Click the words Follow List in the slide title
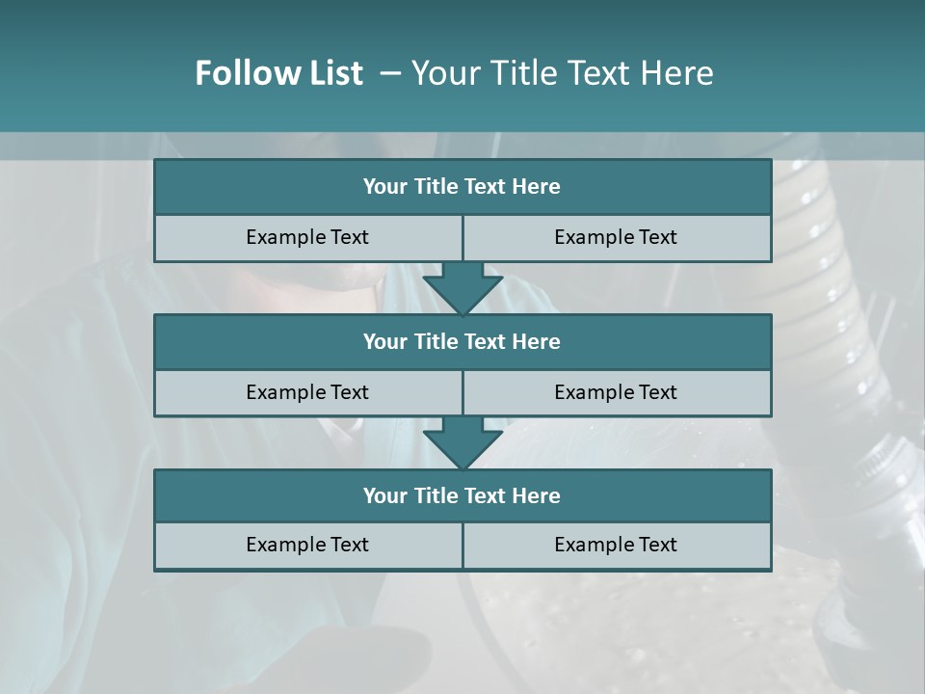click(278, 73)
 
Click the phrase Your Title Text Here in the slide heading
click(562, 73)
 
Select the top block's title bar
click(462, 187)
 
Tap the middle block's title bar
click(462, 342)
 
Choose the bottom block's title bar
click(462, 496)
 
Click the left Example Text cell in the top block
click(307, 238)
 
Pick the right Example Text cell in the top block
click(616, 238)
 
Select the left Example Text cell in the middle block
click(307, 392)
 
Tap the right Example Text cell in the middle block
click(616, 392)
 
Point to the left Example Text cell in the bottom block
click(307, 546)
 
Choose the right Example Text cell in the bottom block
click(616, 546)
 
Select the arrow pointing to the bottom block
click(462, 442)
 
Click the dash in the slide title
click(390, 73)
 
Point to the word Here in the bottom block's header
click(537, 496)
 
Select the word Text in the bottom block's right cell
click(657, 546)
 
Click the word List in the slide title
click(332, 73)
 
